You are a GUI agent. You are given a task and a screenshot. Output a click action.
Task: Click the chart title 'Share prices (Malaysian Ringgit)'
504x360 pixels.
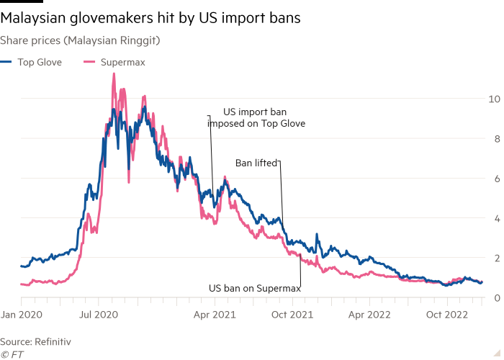pos(80,41)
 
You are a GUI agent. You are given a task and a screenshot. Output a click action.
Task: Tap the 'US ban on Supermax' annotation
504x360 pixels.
pos(254,288)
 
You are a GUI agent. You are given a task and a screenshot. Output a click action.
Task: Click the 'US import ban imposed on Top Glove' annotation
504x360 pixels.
pos(256,118)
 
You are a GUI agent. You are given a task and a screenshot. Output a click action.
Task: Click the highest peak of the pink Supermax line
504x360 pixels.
pos(114,74)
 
